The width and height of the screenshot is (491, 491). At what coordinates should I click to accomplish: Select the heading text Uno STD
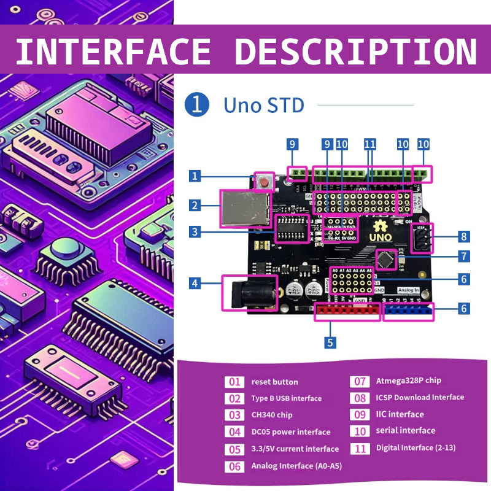(x=264, y=105)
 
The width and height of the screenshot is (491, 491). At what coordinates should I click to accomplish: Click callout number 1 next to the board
(x=195, y=177)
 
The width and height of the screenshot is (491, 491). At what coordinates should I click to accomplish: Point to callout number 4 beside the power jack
(x=195, y=283)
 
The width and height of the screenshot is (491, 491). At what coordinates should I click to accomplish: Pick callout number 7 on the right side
(x=465, y=256)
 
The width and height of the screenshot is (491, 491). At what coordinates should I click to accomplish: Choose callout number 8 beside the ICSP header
(x=465, y=236)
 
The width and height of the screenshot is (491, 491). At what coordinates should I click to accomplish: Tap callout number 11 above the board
(x=369, y=144)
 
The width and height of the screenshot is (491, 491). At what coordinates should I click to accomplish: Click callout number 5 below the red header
(x=331, y=342)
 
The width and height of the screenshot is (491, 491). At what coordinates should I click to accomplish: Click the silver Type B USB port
(x=245, y=209)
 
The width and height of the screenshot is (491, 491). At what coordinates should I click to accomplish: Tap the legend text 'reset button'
(x=274, y=382)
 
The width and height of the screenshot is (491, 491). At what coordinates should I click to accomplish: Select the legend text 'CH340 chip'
(x=271, y=415)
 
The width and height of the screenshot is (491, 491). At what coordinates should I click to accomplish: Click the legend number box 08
(x=359, y=398)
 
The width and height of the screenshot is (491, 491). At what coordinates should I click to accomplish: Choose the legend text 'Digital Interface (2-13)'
(x=416, y=448)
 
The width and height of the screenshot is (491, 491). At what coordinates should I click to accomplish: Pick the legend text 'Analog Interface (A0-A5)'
(x=296, y=466)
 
